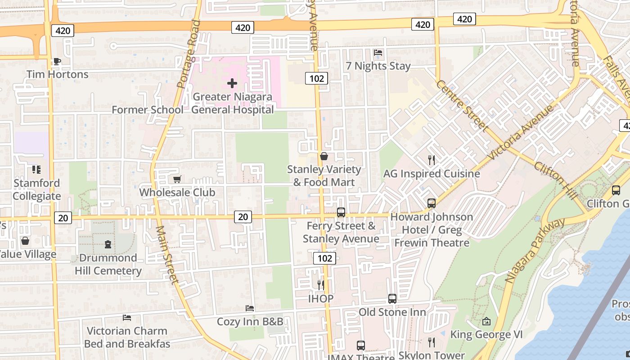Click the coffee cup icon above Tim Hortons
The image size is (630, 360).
[x=57, y=62]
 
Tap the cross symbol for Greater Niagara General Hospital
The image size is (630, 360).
[x=232, y=83]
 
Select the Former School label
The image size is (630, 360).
[x=147, y=110]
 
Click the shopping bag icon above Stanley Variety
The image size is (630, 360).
[x=324, y=156]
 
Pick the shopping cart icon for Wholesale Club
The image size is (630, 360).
[x=177, y=179]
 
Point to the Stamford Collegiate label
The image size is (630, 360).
[x=36, y=189]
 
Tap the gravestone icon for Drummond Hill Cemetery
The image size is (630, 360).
[x=108, y=244]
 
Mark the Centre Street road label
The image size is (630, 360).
[x=462, y=106]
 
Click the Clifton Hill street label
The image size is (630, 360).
[x=555, y=180]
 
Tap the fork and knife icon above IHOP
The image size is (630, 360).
[x=320, y=285]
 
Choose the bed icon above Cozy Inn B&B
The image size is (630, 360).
[x=250, y=308]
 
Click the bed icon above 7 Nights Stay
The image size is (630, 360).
[x=378, y=53]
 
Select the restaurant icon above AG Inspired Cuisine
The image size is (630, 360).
[x=431, y=160]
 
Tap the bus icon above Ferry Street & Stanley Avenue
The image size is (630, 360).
[x=341, y=212]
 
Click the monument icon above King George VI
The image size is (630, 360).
[x=486, y=321]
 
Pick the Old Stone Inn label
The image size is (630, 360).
[x=392, y=312]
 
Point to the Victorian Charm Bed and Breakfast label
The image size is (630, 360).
[x=127, y=337]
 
